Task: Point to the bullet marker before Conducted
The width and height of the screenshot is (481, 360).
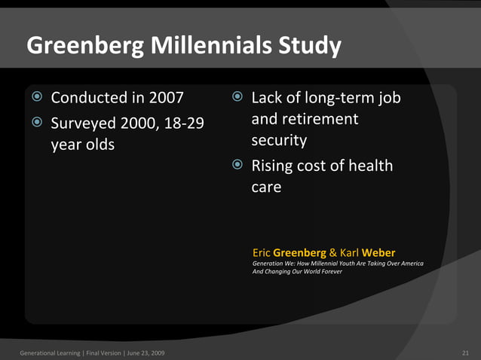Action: pyautogui.click(x=37, y=98)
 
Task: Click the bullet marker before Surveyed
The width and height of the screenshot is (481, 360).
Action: pyautogui.click(x=37, y=122)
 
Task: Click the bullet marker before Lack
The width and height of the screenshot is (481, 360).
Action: pyautogui.click(x=237, y=98)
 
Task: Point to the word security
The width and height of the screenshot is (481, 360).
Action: pyautogui.click(x=279, y=141)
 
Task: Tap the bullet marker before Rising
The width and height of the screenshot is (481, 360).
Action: pyautogui.click(x=237, y=165)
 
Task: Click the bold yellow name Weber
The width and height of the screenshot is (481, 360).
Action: pyautogui.click(x=378, y=252)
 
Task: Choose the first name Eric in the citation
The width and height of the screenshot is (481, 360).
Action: pyautogui.click(x=261, y=252)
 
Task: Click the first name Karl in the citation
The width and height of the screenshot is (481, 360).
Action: pyautogui.click(x=349, y=252)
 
